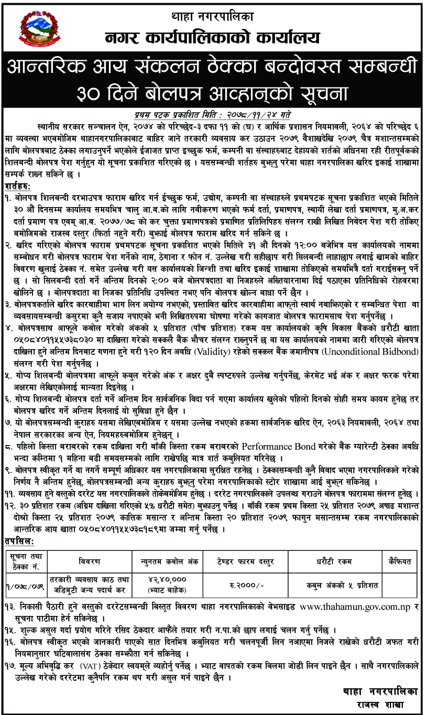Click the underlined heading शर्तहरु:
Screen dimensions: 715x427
(x=20, y=187)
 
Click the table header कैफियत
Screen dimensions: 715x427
(x=398, y=561)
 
